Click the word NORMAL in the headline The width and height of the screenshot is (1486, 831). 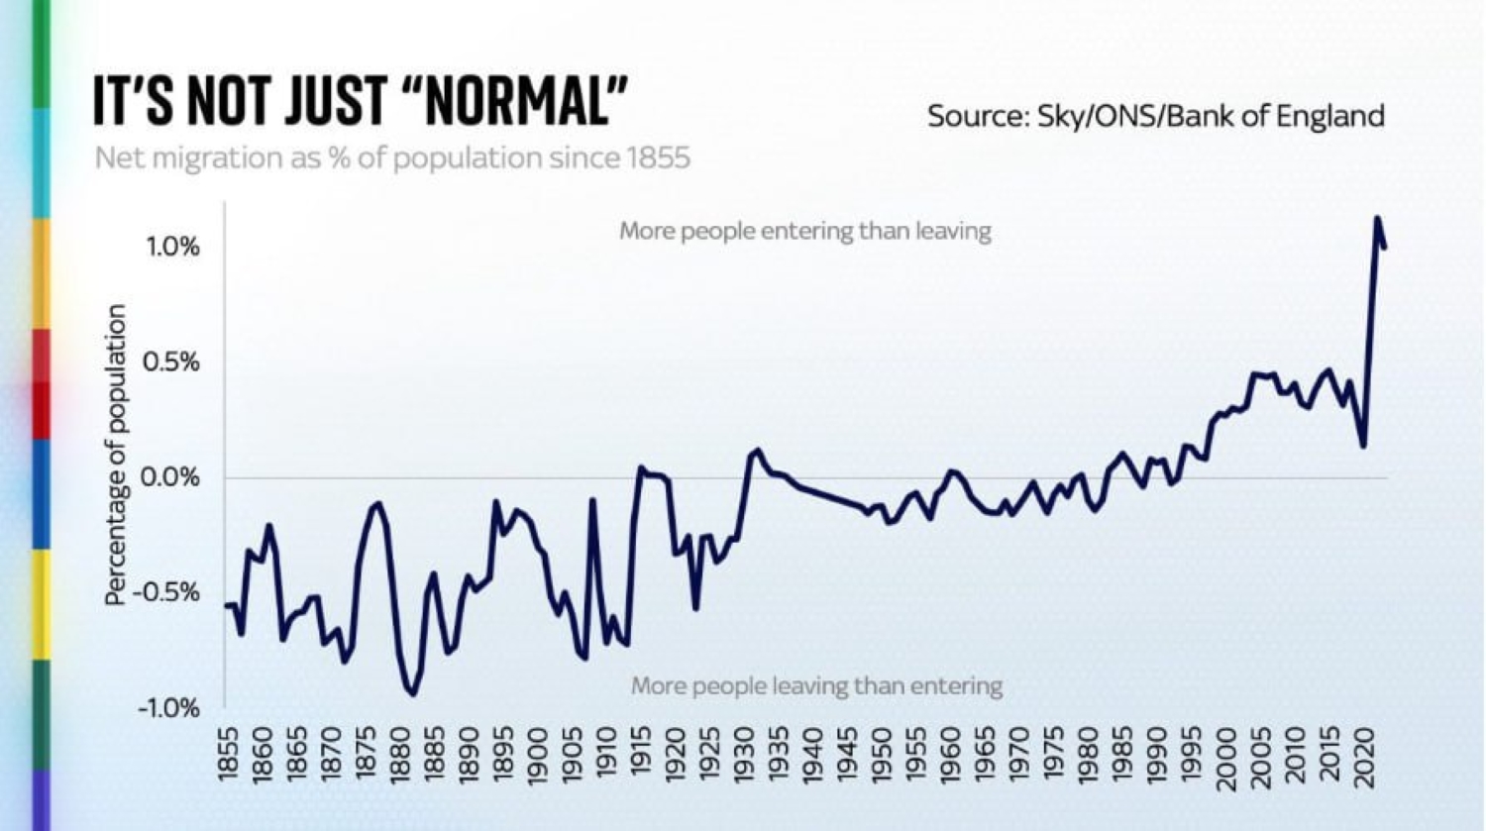[516, 101]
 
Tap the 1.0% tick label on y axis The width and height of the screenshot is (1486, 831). [173, 247]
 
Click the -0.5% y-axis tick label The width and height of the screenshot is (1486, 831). [168, 593]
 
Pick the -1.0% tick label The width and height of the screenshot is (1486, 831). [168, 708]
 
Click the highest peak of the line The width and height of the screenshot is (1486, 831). [1377, 218]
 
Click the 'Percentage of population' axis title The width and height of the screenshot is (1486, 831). [116, 455]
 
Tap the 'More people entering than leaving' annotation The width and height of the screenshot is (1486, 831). [804, 232]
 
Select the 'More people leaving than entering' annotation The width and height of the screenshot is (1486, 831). [816, 685]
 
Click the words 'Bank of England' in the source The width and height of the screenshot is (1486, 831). [1276, 117]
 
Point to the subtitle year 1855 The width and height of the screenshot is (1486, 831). [658, 158]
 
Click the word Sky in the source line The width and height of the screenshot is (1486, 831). [1061, 117]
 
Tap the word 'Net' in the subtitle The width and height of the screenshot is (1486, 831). [115, 158]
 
